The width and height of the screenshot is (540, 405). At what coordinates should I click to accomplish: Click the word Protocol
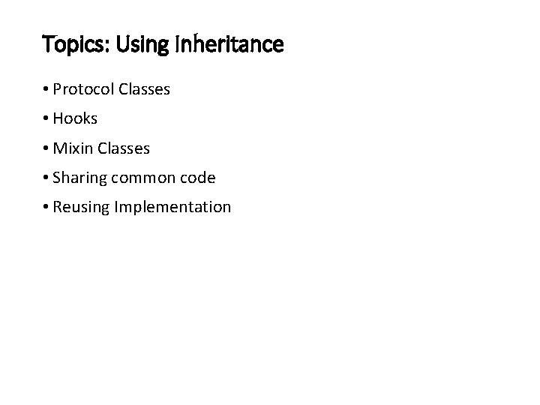pos(82,90)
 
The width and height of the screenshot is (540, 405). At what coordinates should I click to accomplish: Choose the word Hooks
pos(76,119)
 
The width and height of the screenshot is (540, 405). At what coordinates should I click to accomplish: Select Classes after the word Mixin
pos(124,148)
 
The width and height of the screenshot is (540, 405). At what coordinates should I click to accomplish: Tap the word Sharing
pos(81,178)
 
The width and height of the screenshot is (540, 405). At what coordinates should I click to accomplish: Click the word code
pos(198,178)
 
